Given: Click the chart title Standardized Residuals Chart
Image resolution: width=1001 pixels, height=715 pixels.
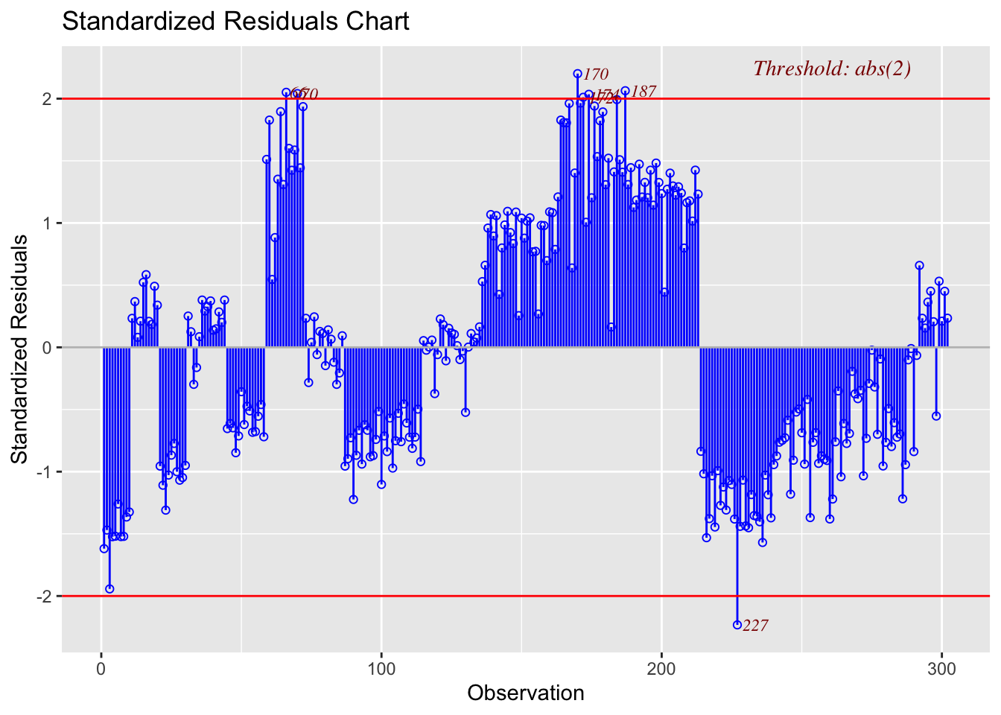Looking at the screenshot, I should pos(235,21).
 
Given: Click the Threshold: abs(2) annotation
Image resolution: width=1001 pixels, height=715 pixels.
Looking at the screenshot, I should pos(832,69).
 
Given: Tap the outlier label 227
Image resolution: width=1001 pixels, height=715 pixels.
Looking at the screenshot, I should pos(755,626).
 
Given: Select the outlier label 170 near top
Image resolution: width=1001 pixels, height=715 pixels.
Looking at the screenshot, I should pos(595,74).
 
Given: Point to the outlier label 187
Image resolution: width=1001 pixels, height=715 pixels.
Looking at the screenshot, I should pos(643,92).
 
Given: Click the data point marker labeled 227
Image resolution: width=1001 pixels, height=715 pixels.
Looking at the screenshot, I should pos(737,624).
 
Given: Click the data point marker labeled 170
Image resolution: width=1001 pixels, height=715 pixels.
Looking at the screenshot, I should pos(577,74).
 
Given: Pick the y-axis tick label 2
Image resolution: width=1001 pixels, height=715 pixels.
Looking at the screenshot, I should pos(46,99).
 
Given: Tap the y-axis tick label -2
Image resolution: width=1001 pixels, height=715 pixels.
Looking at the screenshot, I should pos(43,597).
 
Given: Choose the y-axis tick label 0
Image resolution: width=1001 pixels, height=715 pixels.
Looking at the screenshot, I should pos(46,348).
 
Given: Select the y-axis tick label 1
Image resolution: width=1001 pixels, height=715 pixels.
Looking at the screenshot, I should pos(46,223).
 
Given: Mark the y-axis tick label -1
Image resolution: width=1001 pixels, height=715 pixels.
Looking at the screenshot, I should pos(43,472).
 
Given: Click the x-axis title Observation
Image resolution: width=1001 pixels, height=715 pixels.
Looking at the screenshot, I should pos(525,693).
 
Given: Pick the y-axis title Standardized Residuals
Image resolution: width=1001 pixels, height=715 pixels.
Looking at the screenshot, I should pos(20,349).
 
